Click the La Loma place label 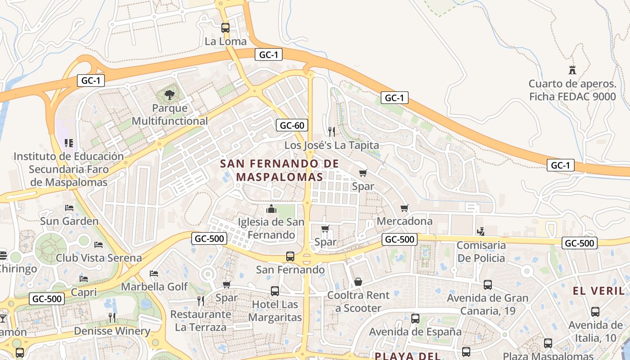point(225,41)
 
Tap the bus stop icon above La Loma point(225,27)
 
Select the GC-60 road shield point(292,125)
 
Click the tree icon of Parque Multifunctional point(170,94)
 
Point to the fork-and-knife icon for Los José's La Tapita point(332,131)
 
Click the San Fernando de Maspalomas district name point(279,170)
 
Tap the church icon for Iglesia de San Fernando point(271,209)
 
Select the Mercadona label point(405,221)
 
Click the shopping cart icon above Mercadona point(405,208)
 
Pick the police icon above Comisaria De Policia point(481,231)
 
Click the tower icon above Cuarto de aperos point(572,70)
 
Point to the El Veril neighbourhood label point(599,291)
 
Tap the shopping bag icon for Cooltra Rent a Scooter point(358,282)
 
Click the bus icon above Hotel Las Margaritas point(275,291)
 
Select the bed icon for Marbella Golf point(154,274)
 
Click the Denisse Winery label point(112,331)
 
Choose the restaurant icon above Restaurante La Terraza point(201,301)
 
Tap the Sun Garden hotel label point(69,221)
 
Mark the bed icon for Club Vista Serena point(99,245)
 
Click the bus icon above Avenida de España point(415,319)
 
